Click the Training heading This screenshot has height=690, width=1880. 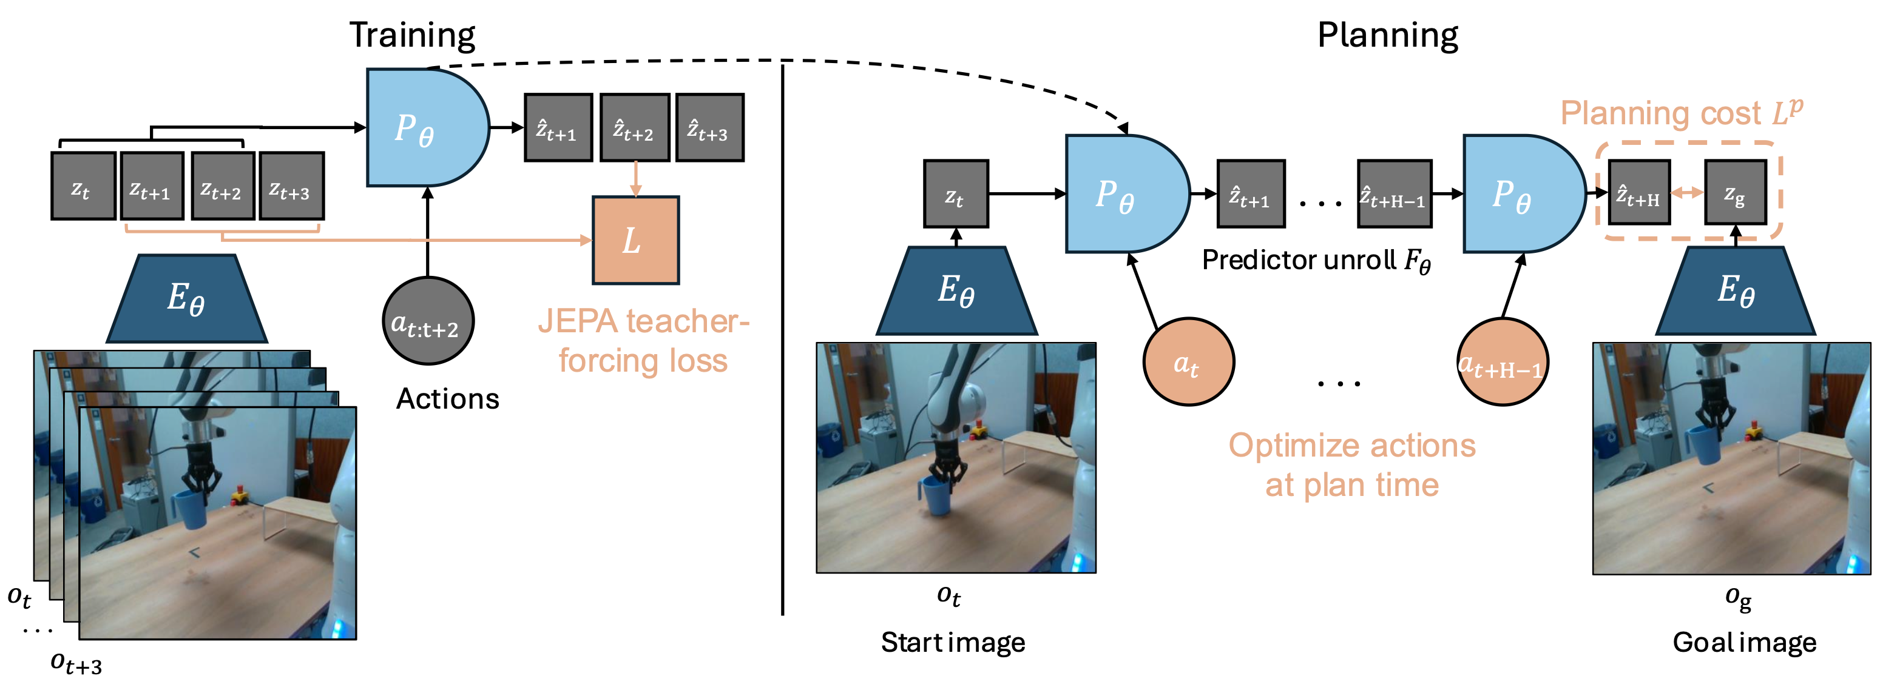pos(412,35)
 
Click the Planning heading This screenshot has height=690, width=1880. pos(1387,35)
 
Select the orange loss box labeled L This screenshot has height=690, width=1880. pos(635,240)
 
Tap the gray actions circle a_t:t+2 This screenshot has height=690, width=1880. pos(428,321)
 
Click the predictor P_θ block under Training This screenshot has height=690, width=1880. pos(427,128)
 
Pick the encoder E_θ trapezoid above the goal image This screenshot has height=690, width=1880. pos(1736,290)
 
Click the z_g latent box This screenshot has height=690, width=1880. pos(1735,193)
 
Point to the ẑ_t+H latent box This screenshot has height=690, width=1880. pos(1639,193)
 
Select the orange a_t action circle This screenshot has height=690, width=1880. pos(1188,362)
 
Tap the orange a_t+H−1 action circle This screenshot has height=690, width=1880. pos(1502,362)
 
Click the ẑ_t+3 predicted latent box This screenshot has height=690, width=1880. pos(709,128)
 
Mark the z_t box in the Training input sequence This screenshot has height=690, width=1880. pos(83,186)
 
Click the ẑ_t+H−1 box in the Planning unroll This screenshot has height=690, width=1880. pos(1394,194)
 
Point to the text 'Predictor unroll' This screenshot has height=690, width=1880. pos(1298,260)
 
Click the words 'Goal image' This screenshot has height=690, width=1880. pos(1744,642)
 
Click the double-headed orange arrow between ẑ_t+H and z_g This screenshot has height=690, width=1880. pos(1686,193)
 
